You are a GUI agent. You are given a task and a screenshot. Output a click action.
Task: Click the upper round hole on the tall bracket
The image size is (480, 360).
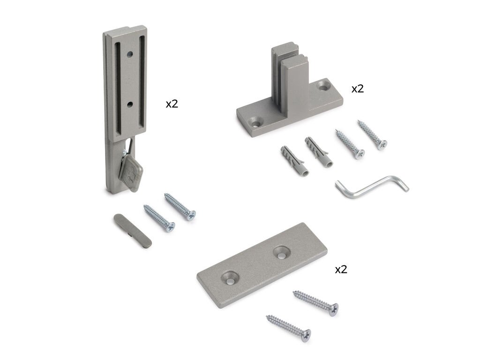point(130,55)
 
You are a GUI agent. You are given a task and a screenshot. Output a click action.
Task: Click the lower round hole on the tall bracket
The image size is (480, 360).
point(130,105)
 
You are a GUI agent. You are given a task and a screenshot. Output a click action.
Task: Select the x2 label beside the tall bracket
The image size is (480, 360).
point(172,104)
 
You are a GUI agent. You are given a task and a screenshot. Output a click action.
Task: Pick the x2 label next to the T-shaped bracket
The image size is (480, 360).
point(358,89)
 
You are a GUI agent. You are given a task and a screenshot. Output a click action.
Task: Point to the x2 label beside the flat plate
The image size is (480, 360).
point(341,270)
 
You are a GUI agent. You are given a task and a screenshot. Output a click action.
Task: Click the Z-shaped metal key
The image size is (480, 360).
point(372,187)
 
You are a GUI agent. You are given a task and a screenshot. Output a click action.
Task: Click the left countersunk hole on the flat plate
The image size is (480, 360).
point(230,277)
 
